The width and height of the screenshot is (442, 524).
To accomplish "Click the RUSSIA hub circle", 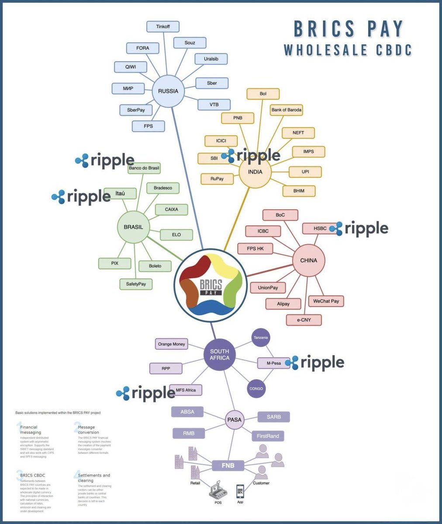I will click(x=168, y=91).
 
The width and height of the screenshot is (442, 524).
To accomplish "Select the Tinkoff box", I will click(x=163, y=27).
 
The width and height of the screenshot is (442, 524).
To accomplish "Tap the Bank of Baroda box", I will click(x=287, y=110).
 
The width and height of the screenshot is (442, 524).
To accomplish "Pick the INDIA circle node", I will click(x=255, y=172).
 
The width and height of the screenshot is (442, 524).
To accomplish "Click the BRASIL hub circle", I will click(x=133, y=227).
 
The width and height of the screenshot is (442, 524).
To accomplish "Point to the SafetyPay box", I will click(x=136, y=284).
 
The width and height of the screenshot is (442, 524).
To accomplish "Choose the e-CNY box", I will click(x=304, y=320).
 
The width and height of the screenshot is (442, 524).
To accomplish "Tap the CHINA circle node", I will click(x=308, y=260).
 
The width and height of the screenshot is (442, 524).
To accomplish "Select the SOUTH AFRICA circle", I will click(x=219, y=355).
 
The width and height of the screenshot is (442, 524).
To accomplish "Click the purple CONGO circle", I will click(x=256, y=388).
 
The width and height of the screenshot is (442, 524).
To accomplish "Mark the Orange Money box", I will click(x=172, y=344).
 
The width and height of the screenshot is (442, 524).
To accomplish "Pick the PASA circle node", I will click(x=234, y=420).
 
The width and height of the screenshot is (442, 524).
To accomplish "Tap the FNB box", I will click(x=228, y=465).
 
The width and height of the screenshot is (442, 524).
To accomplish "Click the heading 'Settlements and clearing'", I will click(x=94, y=478).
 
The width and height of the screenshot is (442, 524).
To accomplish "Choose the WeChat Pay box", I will click(x=326, y=301).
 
